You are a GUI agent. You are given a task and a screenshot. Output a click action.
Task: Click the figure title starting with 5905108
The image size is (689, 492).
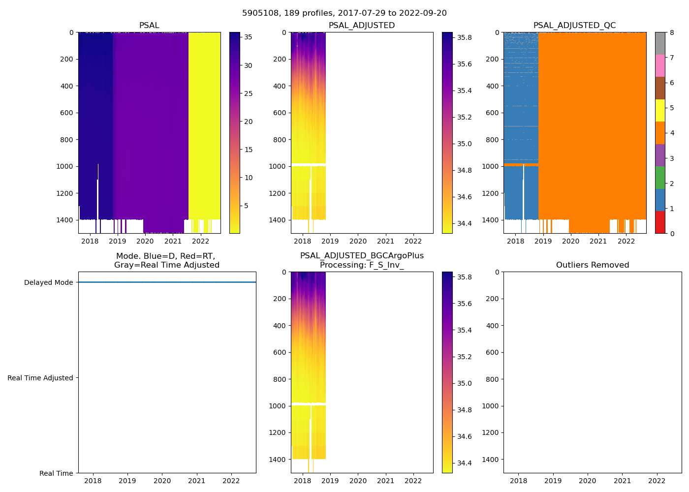pos(344,13)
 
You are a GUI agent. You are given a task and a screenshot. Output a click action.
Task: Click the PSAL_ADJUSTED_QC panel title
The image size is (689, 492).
pos(574,26)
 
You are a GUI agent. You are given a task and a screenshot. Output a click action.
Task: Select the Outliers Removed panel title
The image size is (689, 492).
pos(592,265)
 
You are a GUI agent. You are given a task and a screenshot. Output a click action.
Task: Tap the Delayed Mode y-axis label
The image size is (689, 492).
pos(48,283)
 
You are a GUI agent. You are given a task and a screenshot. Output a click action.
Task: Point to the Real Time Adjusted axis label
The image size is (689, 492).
pos(40,378)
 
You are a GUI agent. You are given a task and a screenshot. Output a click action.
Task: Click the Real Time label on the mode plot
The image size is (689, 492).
pos(56,473)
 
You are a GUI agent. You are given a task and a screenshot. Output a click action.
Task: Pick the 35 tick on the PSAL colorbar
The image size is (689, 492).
pos(248,37)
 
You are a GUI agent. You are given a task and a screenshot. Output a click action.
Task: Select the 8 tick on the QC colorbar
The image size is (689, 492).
pos(672,33)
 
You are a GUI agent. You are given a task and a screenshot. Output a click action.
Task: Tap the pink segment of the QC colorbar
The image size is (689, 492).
pos(660,66)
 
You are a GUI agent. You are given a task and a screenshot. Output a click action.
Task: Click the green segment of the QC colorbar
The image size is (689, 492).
pos(660,178)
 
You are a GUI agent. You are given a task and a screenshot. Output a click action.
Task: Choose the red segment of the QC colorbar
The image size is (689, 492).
pos(660,222)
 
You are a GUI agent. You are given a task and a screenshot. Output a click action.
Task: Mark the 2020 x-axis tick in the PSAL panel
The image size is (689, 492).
pos(145,241)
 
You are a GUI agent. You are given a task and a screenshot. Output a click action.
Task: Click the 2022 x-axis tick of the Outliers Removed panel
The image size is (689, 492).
pos(657,481)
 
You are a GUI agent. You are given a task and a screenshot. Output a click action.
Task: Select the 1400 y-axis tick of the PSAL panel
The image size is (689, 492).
pos(65,220)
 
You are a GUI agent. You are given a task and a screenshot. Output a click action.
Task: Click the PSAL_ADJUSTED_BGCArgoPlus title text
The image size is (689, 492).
pos(362,256)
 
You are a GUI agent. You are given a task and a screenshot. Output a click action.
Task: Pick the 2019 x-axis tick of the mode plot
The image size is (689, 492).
pos(127,481)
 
